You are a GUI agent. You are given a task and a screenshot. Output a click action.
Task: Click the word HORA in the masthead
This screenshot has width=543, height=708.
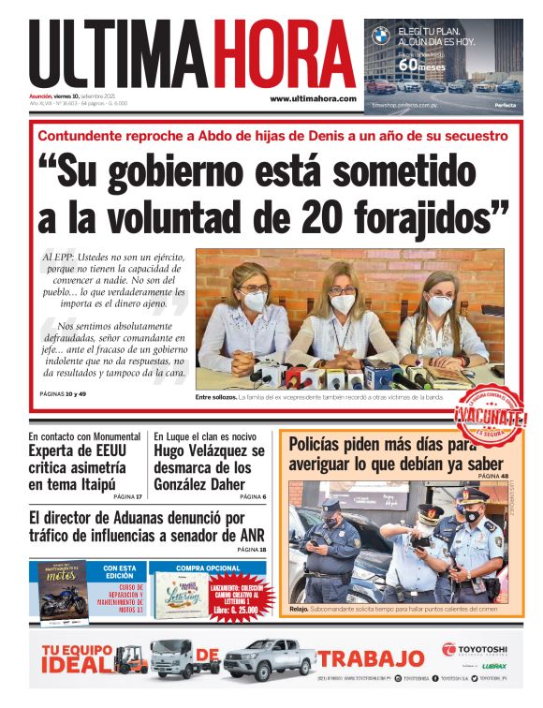[285, 54]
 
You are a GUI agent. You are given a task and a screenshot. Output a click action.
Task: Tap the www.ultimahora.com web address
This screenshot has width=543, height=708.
[313, 98]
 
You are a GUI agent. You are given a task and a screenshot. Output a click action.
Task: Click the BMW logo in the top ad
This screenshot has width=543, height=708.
[379, 37]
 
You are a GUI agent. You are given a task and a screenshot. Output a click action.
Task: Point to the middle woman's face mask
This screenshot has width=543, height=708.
[343, 303]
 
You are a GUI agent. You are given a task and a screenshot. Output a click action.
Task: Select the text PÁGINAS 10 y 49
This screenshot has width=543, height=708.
[63, 393]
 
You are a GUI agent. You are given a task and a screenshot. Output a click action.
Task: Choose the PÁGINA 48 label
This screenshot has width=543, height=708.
[492, 477]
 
